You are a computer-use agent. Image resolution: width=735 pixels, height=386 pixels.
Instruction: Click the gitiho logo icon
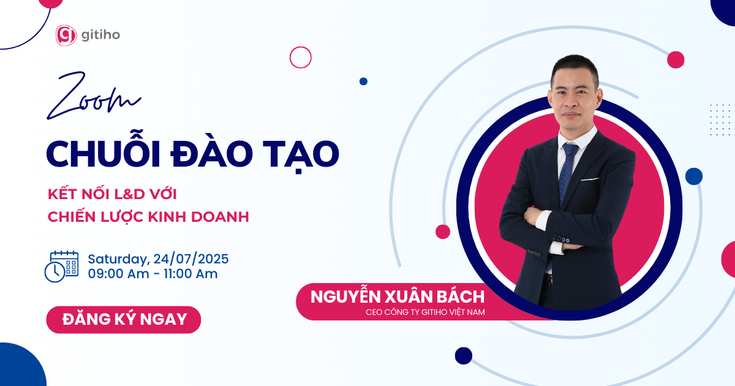(66, 35)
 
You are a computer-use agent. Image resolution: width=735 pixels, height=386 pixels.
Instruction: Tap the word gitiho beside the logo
(100, 35)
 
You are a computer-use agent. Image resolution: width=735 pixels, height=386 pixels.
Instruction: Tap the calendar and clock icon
(61, 266)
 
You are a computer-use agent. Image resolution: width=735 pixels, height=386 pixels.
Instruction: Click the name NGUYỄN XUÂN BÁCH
(398, 297)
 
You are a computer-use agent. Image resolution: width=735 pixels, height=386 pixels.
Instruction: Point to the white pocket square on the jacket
(589, 179)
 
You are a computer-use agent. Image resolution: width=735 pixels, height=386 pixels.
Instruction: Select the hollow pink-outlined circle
(301, 58)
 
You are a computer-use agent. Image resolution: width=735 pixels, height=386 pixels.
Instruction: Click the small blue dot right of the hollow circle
(363, 81)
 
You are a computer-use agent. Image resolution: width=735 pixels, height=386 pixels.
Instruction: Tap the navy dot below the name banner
(464, 355)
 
